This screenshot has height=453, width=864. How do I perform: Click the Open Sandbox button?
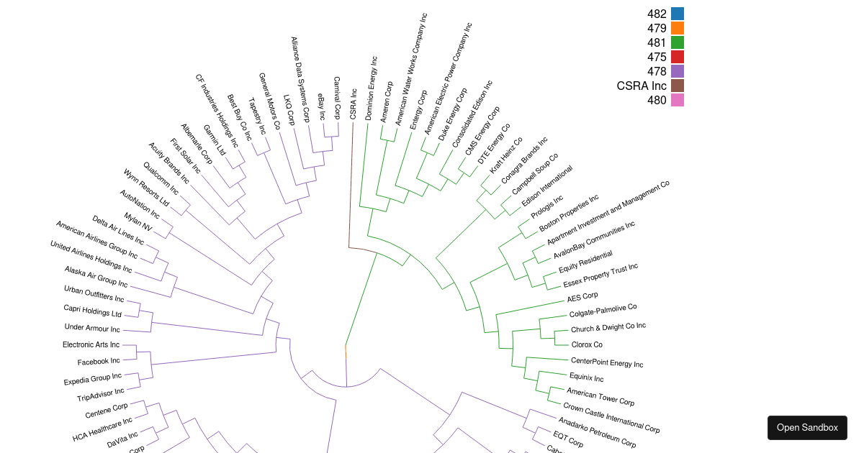(807, 428)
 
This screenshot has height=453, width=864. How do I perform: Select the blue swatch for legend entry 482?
(677, 14)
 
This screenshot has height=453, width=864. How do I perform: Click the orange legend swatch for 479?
(677, 28)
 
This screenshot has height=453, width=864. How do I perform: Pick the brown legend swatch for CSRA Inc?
(677, 86)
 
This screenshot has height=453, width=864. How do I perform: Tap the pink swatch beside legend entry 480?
(677, 100)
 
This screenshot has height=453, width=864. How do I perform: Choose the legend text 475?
(657, 57)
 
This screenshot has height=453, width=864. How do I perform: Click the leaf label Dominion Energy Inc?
(370, 88)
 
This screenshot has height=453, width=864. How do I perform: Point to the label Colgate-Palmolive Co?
(603, 311)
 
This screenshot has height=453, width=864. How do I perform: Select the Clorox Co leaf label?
(587, 344)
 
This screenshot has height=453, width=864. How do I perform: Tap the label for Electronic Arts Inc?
(91, 345)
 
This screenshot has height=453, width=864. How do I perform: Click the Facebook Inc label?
(99, 362)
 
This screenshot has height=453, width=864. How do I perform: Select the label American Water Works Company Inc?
(410, 69)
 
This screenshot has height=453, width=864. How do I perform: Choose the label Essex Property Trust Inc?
(600, 276)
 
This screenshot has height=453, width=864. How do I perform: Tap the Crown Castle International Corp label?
(611, 418)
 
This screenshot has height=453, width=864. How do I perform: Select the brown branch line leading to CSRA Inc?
(351, 187)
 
